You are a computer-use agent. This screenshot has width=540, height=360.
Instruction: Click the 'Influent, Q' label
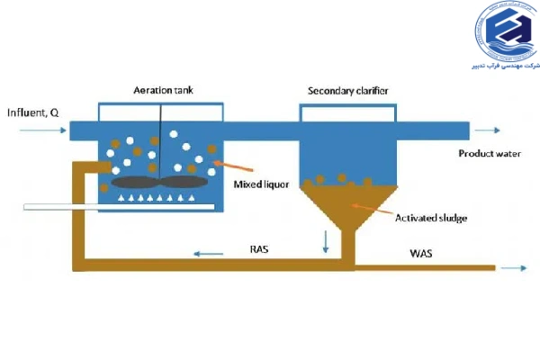coord(33,112)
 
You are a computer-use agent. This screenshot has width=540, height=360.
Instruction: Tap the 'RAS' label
coord(260,250)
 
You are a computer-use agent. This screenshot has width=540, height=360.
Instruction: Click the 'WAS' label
coord(420,254)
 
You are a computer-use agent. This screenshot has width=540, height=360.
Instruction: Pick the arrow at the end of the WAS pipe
coord(515,267)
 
